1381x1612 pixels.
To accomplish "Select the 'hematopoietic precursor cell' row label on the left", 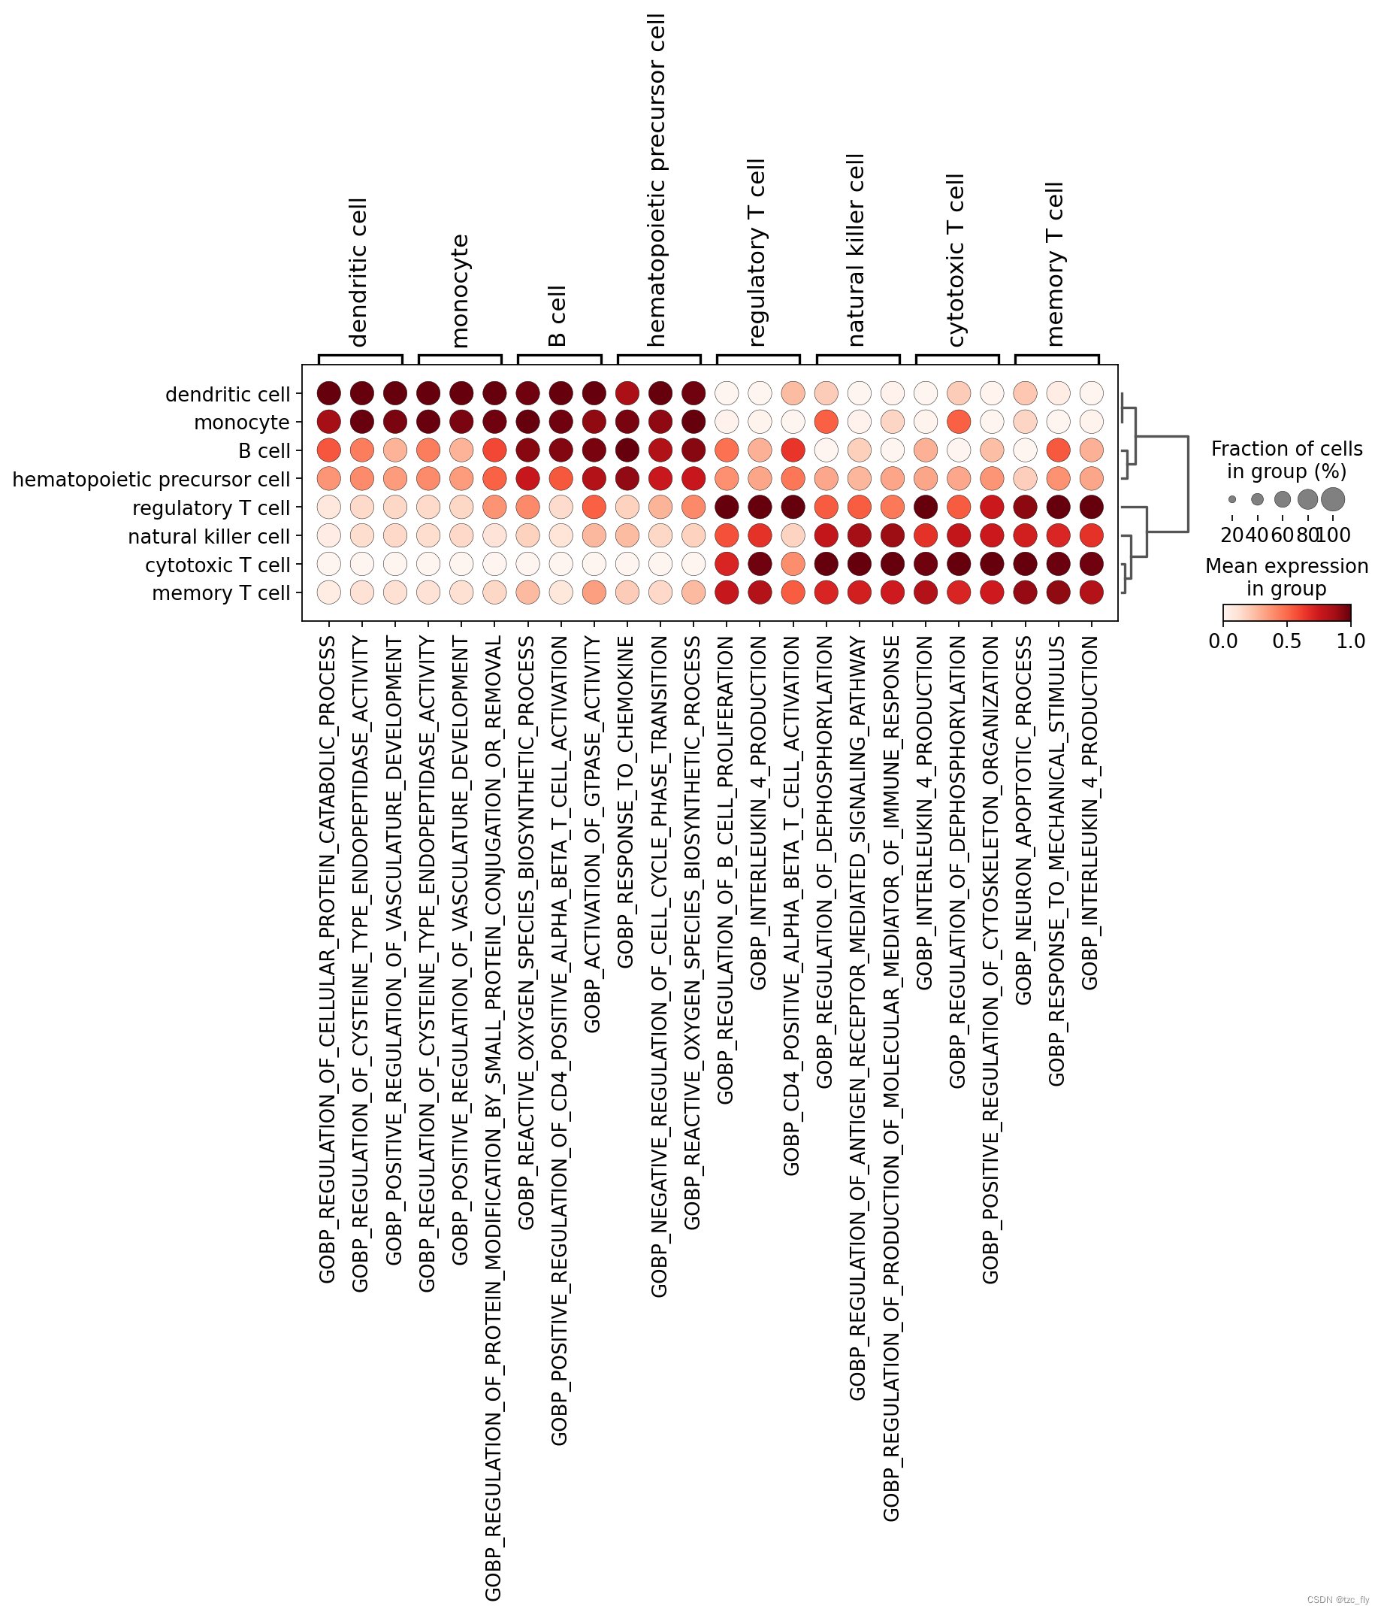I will [152, 479].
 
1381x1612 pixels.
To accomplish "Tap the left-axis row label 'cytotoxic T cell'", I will [218, 565].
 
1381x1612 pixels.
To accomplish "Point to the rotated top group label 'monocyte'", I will [460, 290].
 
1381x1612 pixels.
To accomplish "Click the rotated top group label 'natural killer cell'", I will [857, 250].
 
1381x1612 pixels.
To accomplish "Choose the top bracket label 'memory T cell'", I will [1055, 264].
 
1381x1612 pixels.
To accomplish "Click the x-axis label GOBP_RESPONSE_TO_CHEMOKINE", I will [626, 801].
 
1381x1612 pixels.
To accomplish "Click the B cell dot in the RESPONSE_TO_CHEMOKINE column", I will [627, 450].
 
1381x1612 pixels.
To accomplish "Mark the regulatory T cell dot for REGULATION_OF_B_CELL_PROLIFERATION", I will [727, 508].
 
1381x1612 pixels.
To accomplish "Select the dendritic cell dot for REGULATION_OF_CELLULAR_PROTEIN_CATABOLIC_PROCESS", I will [329, 394].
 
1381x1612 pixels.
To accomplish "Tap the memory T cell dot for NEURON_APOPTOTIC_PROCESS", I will [1026, 592].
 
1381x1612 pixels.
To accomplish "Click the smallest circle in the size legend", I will [1232, 499].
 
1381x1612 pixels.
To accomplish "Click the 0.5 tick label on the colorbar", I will [1287, 641].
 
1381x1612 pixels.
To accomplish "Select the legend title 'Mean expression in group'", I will [1286, 577].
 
